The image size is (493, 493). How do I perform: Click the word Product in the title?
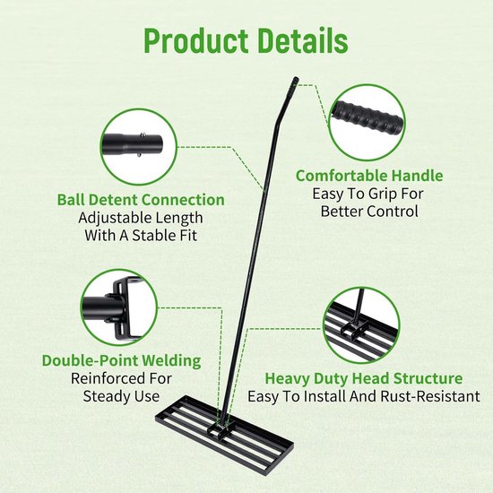(x=195, y=41)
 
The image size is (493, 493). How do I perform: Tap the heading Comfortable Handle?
(x=369, y=176)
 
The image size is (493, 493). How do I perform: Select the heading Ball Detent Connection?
(x=141, y=200)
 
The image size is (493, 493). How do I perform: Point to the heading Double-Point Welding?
(x=121, y=360)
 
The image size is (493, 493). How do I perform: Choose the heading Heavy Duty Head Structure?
(x=364, y=378)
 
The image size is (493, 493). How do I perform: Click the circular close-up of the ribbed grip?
(x=367, y=122)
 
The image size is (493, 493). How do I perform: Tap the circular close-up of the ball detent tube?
(x=139, y=147)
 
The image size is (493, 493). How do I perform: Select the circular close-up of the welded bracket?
(x=119, y=307)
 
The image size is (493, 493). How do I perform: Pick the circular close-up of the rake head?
(x=361, y=325)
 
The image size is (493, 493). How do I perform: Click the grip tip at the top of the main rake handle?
(x=295, y=81)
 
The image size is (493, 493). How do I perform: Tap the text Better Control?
(x=369, y=212)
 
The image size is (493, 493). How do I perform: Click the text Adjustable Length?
(x=141, y=218)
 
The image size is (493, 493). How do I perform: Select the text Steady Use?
(x=121, y=396)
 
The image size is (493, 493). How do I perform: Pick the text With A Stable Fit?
(x=141, y=236)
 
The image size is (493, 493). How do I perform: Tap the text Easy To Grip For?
(x=368, y=194)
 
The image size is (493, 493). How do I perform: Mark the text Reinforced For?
(x=121, y=378)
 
